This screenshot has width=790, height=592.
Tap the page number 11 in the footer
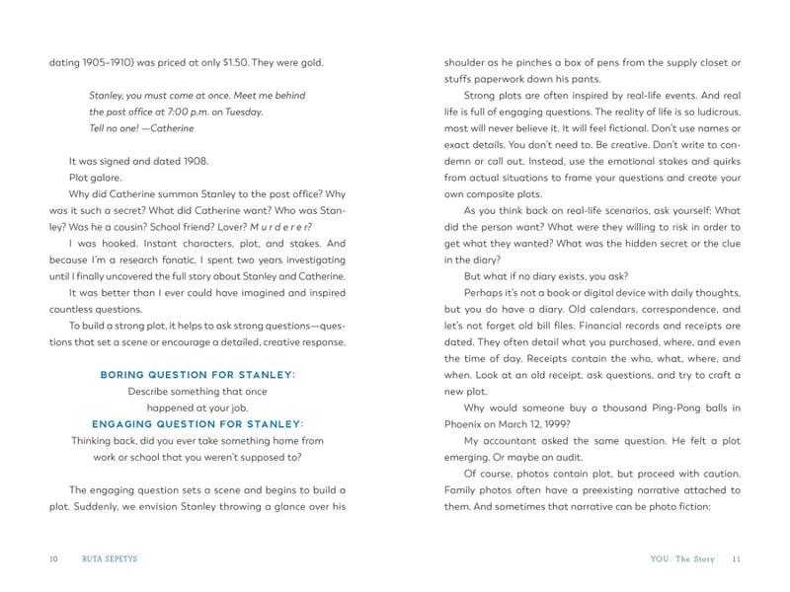pos(736,558)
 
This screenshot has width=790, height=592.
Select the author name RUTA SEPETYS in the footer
pos(109,558)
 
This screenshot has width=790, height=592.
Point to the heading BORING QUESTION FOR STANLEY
pos(197,375)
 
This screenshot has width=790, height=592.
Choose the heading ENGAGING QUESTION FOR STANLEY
pos(197,423)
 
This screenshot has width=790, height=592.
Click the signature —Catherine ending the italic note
pos(168,128)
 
